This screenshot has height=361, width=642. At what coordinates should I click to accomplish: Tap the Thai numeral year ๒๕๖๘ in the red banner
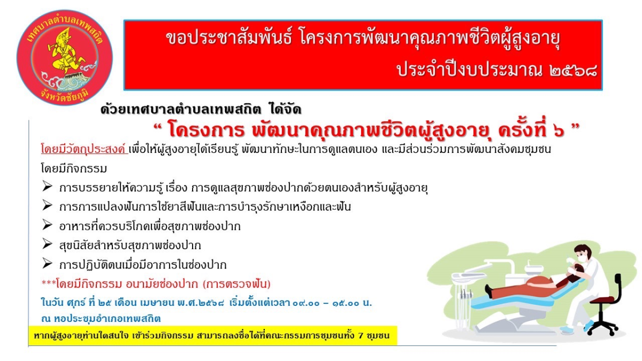coord(574,71)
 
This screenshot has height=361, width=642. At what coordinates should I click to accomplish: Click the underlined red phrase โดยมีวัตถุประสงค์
coord(85,149)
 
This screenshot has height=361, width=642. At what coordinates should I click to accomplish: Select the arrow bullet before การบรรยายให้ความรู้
coord(47,187)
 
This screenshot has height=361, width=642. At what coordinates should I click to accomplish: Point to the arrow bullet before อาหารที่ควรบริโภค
coord(47,225)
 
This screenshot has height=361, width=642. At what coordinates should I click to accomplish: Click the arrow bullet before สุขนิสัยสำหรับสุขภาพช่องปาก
coord(47,244)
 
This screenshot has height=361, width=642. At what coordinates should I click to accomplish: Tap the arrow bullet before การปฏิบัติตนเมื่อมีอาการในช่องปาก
coord(47,264)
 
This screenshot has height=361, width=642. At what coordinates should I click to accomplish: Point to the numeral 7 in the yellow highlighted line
coord(360,335)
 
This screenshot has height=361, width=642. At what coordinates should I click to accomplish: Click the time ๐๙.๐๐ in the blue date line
coord(306,303)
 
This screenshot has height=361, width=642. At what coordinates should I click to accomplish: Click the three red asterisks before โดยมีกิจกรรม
coord(49,283)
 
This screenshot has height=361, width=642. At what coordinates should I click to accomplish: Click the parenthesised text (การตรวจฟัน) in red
coord(236,284)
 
